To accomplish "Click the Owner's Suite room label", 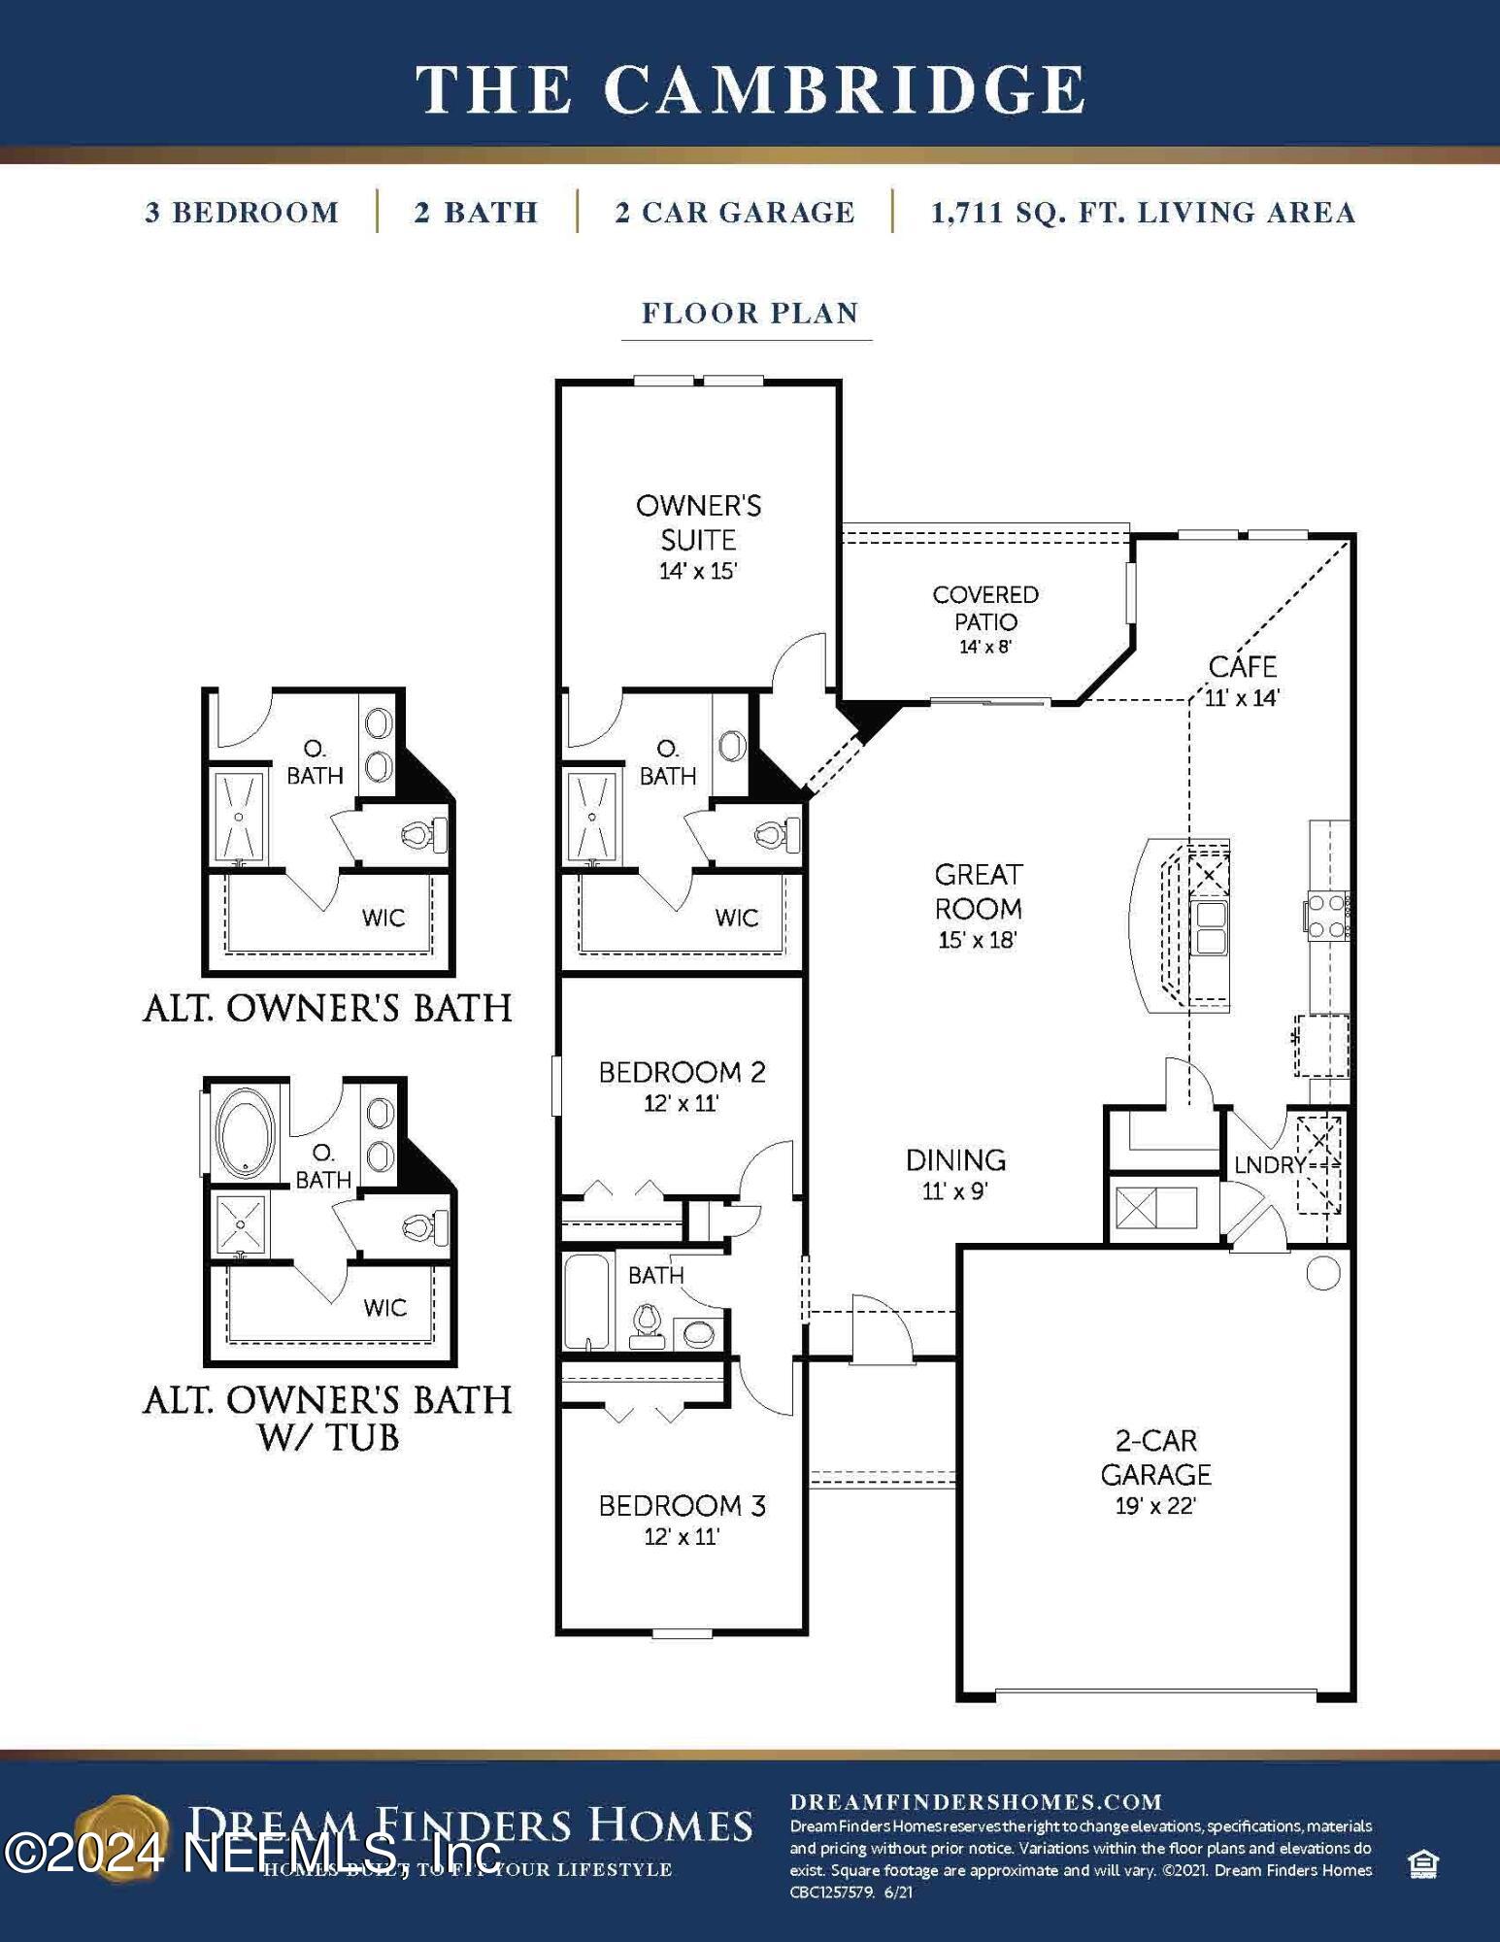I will [x=698, y=522].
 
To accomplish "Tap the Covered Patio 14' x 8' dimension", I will [x=985, y=647].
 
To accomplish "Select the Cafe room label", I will [x=1242, y=667].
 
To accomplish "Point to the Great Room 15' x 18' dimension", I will [x=977, y=940].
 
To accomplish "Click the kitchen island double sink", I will [x=1210, y=928].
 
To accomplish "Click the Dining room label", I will [x=955, y=1159].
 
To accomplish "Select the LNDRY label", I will [x=1269, y=1164].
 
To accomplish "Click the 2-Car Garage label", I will [x=1155, y=1456].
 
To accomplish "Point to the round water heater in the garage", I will [x=1323, y=1273].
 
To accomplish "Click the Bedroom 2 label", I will [x=682, y=1072].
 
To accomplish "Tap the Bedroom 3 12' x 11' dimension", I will [x=681, y=1536].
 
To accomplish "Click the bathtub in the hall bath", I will [x=586, y=1302].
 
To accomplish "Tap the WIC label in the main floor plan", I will [x=736, y=918].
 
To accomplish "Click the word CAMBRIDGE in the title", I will [x=844, y=89].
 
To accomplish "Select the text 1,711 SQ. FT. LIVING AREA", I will [x=1143, y=213].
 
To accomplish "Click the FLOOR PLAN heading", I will [x=750, y=313].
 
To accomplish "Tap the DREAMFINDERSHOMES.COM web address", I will [x=976, y=1802].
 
